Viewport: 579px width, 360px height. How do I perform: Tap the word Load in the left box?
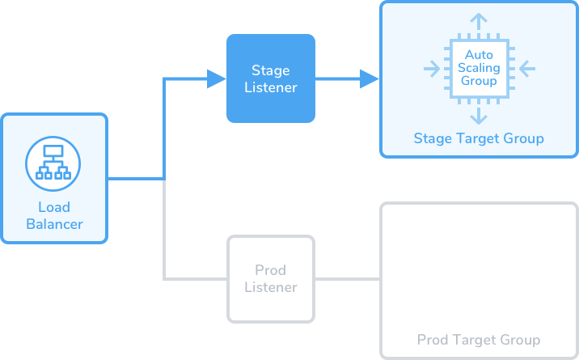point(54,208)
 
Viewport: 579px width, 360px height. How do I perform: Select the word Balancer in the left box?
point(54,224)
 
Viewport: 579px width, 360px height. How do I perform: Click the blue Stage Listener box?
point(270,78)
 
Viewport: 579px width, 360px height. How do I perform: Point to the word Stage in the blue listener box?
point(270,70)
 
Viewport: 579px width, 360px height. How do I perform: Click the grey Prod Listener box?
point(270,278)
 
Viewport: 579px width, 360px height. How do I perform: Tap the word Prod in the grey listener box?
point(270,270)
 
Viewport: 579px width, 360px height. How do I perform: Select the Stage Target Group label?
point(479,138)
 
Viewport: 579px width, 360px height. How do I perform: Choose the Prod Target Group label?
point(479,340)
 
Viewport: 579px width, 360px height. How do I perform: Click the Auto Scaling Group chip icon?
point(479,69)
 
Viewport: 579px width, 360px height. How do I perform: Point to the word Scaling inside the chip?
point(479,69)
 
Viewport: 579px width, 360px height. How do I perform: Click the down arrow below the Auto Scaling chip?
point(479,115)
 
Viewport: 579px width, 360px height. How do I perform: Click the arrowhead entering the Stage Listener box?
point(217,78)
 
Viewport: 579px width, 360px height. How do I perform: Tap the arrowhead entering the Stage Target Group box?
point(370,78)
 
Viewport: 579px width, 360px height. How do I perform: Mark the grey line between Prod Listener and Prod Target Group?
point(347,279)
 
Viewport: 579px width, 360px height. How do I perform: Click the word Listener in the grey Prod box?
point(270,287)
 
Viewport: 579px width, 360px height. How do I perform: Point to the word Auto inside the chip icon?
point(479,56)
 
